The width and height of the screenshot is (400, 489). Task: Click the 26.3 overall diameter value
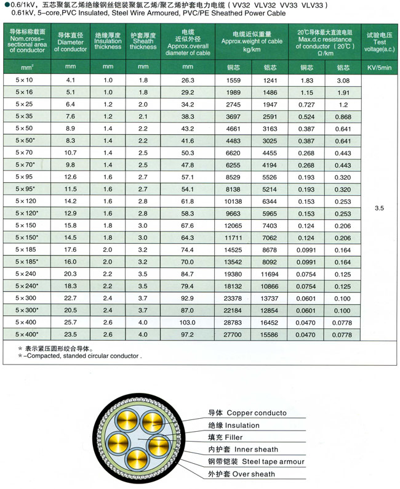[187, 81]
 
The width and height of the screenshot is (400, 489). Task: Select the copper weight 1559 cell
[233, 81]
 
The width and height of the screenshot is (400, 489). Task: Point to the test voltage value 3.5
[378, 208]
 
